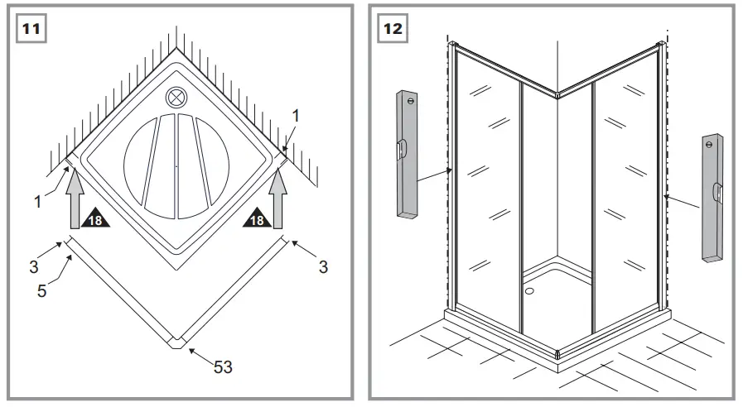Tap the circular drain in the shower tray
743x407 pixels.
tap(176, 98)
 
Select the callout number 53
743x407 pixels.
tap(223, 367)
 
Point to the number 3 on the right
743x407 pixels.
tap(323, 266)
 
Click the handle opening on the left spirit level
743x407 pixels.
tap(402, 150)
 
